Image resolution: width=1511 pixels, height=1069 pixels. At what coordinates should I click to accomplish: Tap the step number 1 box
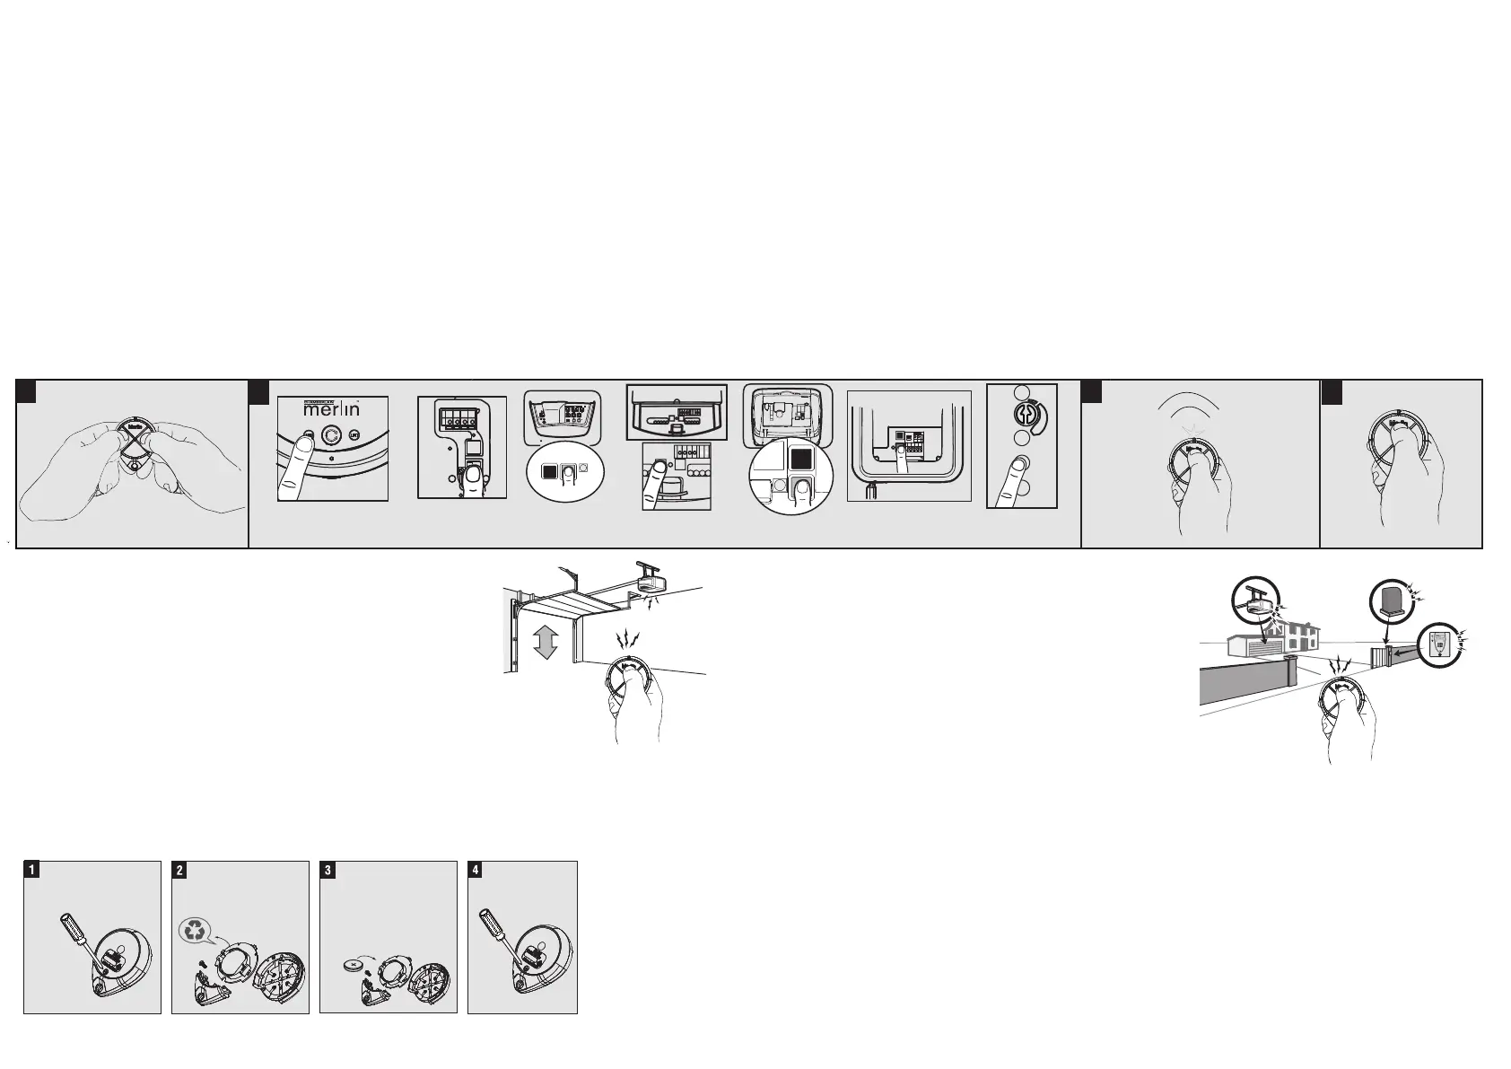click(31, 870)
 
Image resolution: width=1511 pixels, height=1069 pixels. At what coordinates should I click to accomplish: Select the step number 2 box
click(179, 870)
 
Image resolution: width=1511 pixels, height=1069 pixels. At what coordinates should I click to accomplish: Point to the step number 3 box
click(328, 870)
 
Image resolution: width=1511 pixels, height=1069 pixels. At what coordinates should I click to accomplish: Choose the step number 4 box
click(476, 870)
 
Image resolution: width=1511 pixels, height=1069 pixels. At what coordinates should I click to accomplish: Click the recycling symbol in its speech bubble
click(194, 931)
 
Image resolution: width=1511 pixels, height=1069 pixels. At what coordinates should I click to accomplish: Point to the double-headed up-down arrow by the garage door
click(545, 643)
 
